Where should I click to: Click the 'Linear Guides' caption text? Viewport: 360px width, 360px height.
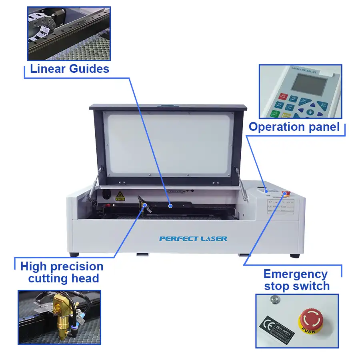(x=70, y=68)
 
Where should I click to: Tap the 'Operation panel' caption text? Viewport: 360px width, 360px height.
(x=294, y=127)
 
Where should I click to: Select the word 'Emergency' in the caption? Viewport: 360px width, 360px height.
(x=295, y=274)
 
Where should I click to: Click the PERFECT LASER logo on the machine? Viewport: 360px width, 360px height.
(x=193, y=239)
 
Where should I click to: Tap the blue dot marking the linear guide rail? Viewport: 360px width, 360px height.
(x=170, y=206)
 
